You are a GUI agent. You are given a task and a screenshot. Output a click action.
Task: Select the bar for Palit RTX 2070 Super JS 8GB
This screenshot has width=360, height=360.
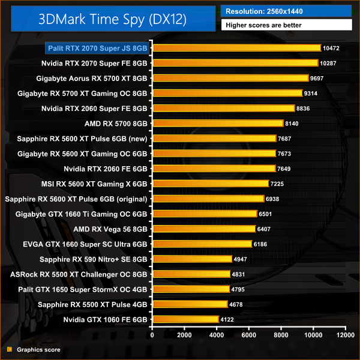pos(237,48)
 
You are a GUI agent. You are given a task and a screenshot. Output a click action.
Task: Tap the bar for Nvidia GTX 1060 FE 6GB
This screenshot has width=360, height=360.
pos(186,319)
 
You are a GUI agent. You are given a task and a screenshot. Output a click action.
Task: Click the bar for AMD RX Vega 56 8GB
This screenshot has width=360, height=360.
pos(204,229)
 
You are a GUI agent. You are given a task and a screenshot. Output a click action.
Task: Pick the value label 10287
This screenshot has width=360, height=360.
pos(330,63)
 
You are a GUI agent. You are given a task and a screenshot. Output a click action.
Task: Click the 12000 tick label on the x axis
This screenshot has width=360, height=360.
pos(344,335)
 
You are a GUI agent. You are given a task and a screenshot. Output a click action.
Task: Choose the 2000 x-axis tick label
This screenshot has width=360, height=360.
pos(185,335)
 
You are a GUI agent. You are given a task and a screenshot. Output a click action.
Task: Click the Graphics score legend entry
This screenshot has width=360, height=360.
pos(38,349)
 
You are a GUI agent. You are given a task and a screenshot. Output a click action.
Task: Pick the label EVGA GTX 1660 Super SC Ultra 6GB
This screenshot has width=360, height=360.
pos(85,244)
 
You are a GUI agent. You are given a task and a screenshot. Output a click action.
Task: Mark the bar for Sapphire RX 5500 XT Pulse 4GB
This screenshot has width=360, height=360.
pos(190,304)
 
